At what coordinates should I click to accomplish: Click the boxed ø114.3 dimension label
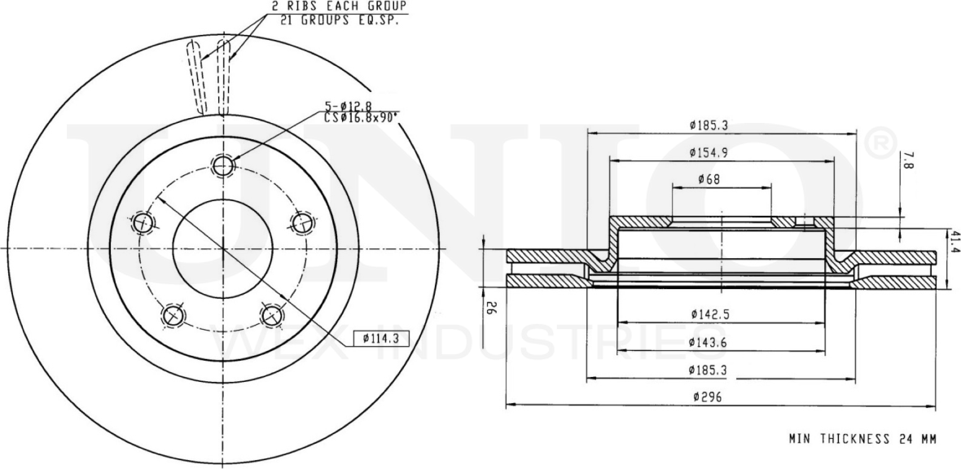point(380,337)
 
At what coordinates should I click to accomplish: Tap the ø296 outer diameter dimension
point(704,397)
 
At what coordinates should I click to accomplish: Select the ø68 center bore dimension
point(708,179)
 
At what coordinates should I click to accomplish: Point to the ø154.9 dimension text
point(708,152)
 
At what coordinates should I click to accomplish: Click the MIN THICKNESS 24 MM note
point(862,439)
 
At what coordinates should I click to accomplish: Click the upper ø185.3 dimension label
point(708,125)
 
